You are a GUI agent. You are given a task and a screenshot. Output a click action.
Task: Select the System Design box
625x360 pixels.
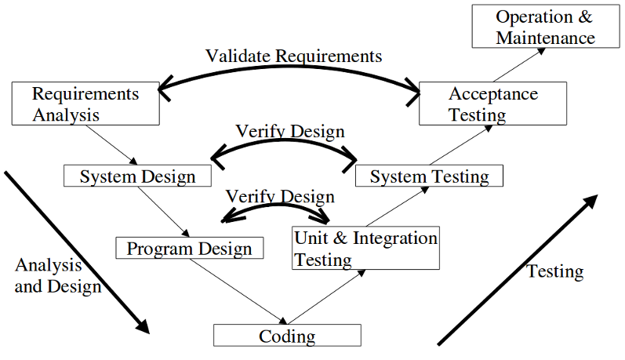click(137, 176)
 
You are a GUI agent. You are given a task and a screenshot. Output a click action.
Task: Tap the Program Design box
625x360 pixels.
click(189, 249)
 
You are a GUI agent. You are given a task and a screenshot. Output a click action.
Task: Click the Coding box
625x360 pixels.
click(287, 336)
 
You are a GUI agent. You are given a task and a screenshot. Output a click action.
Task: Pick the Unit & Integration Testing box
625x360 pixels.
click(365, 249)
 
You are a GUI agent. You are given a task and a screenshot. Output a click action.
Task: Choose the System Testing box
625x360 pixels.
click(429, 176)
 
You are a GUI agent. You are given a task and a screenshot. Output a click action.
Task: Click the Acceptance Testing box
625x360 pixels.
click(492, 104)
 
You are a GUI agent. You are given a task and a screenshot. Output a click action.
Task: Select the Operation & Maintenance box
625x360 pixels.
click(545, 27)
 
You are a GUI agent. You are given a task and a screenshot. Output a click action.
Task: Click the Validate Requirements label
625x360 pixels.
click(293, 56)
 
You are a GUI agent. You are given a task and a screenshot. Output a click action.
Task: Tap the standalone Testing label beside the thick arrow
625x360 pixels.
click(554, 271)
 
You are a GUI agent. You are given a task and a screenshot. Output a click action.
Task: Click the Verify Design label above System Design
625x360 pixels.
click(290, 130)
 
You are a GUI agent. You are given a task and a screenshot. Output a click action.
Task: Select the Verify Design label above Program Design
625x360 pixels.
click(279, 196)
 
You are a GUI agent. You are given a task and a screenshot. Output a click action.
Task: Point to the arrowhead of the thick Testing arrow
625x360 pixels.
click(589, 202)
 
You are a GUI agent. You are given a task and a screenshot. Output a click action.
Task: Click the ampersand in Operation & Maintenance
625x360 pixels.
click(584, 17)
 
